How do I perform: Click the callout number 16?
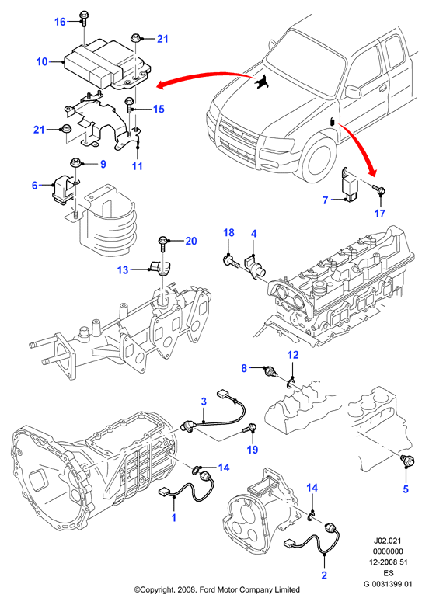60,22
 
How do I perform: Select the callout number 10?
42,61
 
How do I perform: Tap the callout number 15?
159,110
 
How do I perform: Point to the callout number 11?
138,166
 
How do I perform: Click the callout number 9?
103,165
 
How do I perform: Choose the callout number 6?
35,186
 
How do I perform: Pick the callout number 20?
191,242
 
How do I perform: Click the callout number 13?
123,269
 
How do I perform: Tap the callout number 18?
229,233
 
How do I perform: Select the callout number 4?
253,234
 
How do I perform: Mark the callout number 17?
380,214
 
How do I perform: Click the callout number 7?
325,200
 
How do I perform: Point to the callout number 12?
294,355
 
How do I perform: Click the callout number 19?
253,450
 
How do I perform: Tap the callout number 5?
406,489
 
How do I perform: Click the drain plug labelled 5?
407,461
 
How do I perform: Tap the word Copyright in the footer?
157,589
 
